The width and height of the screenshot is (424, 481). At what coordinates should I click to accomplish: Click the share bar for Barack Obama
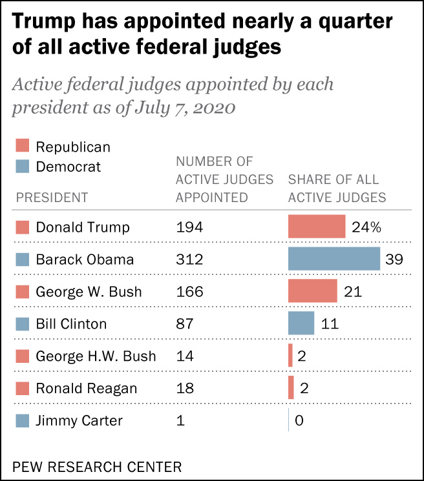[x=334, y=259]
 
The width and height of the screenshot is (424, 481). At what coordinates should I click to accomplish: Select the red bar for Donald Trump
[x=317, y=227]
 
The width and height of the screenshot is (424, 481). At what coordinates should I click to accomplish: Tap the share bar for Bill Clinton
[x=301, y=323]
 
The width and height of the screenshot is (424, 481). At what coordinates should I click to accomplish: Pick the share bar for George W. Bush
[x=313, y=291]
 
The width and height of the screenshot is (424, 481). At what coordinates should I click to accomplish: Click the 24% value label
[x=366, y=227]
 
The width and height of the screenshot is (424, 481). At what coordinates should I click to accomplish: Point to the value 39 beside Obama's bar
[x=394, y=260]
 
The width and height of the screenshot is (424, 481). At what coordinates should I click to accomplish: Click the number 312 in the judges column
[x=189, y=260]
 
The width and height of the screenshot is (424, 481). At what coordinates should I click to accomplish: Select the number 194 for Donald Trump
[x=189, y=227]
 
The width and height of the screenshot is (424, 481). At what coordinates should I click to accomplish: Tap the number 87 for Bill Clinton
[x=185, y=324]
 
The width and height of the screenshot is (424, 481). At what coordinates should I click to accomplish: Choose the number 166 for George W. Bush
[x=189, y=292]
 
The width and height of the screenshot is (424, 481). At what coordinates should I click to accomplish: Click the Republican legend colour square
[x=22, y=147]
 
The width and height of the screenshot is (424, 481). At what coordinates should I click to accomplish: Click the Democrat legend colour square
[x=22, y=167]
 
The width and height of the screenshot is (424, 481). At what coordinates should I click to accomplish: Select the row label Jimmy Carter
[x=79, y=421]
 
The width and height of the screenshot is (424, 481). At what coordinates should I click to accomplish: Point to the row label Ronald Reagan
[x=86, y=389]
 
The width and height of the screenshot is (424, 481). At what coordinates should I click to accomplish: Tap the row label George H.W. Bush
[x=96, y=356]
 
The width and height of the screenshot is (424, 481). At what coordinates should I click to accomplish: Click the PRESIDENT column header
[x=51, y=197]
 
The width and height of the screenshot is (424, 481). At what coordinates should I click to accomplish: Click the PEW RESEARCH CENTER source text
[x=97, y=466]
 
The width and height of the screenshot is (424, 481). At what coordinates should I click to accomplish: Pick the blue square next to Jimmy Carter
[x=22, y=421]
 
